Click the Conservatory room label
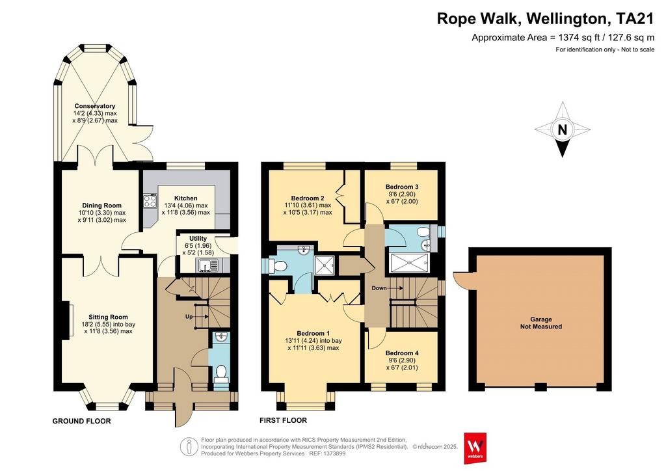(95, 106)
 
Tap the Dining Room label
(101, 205)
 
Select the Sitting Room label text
(108, 317)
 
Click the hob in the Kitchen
(150, 201)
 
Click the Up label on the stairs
(189, 317)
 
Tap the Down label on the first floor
(379, 288)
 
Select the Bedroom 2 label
(308, 198)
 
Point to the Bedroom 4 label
(402, 353)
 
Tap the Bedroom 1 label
(313, 333)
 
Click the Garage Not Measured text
(541, 323)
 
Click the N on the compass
(562, 129)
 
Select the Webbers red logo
(475, 448)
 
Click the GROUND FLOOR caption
(81, 421)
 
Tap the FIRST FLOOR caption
(284, 420)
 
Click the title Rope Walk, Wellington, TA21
(546, 19)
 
